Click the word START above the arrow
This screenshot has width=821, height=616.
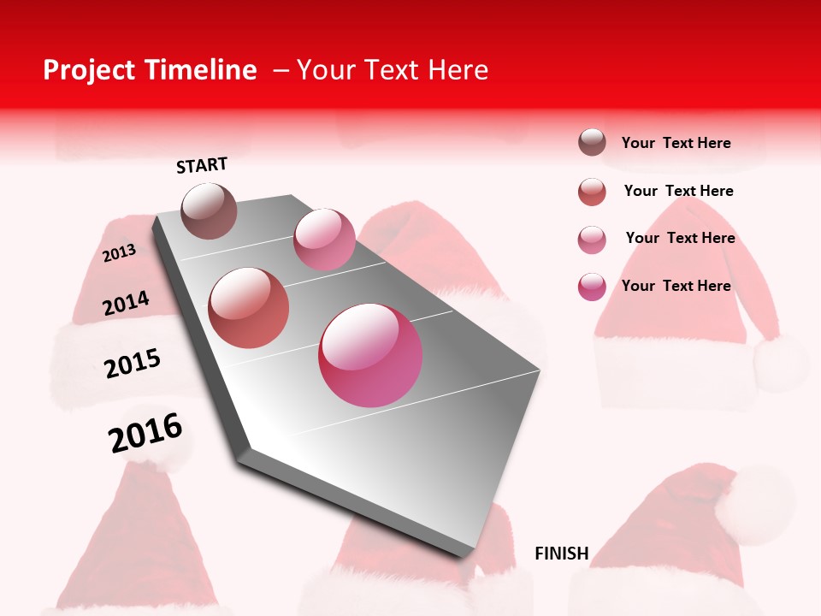[x=202, y=165]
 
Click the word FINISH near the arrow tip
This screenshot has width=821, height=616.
[x=562, y=554]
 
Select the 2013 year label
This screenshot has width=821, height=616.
[x=119, y=253]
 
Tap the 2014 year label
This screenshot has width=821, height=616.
[x=126, y=304]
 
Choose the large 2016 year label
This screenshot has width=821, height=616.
[x=145, y=433]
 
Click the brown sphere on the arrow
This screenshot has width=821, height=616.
[x=210, y=210]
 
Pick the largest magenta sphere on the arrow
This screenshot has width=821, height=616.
[x=370, y=355]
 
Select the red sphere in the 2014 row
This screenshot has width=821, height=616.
[x=249, y=308]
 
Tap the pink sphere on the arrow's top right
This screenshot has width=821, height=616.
[x=324, y=240]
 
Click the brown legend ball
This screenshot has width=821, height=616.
[x=592, y=143]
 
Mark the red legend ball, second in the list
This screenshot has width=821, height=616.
[x=592, y=192]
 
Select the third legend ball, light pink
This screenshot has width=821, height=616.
[x=592, y=240]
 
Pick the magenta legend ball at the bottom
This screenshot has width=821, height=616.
[x=592, y=287]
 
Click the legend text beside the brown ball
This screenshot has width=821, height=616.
[x=676, y=144]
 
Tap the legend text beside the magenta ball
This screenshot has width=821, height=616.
[x=676, y=286]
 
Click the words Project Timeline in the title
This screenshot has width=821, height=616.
[x=150, y=70]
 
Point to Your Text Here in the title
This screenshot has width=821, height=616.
[x=392, y=70]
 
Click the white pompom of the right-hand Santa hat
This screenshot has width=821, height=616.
[x=781, y=362]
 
